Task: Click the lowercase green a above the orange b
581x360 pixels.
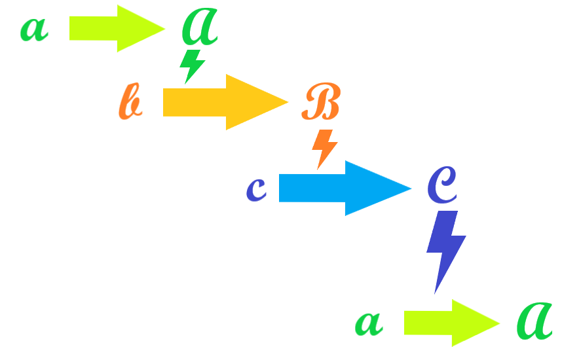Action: (x=34, y=29)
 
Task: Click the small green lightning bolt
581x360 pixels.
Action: (x=192, y=65)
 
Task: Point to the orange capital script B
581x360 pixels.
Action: (x=320, y=103)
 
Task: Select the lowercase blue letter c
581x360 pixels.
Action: (x=256, y=189)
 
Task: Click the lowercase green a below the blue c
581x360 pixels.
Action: (x=368, y=323)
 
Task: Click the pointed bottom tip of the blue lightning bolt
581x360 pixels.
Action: (x=436, y=291)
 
